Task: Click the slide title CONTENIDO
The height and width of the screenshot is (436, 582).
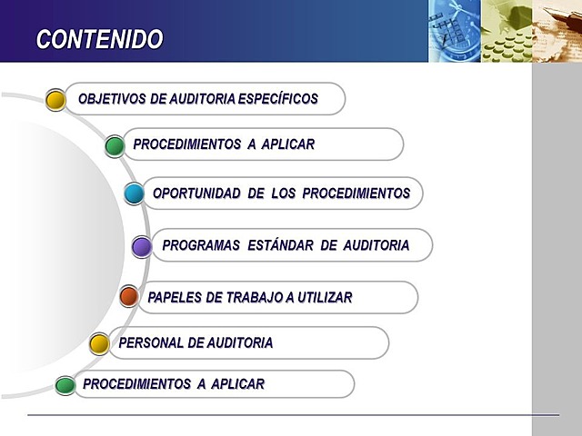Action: [99, 39]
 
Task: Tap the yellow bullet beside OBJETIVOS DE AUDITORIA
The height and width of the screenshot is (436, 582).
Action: [55, 99]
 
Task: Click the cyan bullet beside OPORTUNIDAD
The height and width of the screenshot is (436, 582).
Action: [134, 193]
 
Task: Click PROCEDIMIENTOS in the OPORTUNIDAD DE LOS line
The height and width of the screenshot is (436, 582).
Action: [356, 193]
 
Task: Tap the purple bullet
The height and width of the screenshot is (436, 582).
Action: [142, 246]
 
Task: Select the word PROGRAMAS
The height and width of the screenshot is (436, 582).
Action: [201, 245]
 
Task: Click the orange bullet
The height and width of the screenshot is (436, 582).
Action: [129, 296]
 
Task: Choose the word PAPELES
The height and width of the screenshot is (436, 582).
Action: [173, 297]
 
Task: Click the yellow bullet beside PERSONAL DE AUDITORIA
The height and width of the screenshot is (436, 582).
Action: [99, 343]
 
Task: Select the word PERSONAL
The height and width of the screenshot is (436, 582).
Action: [149, 343]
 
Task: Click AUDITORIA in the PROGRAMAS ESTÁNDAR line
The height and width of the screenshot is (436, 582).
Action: [376, 245]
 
